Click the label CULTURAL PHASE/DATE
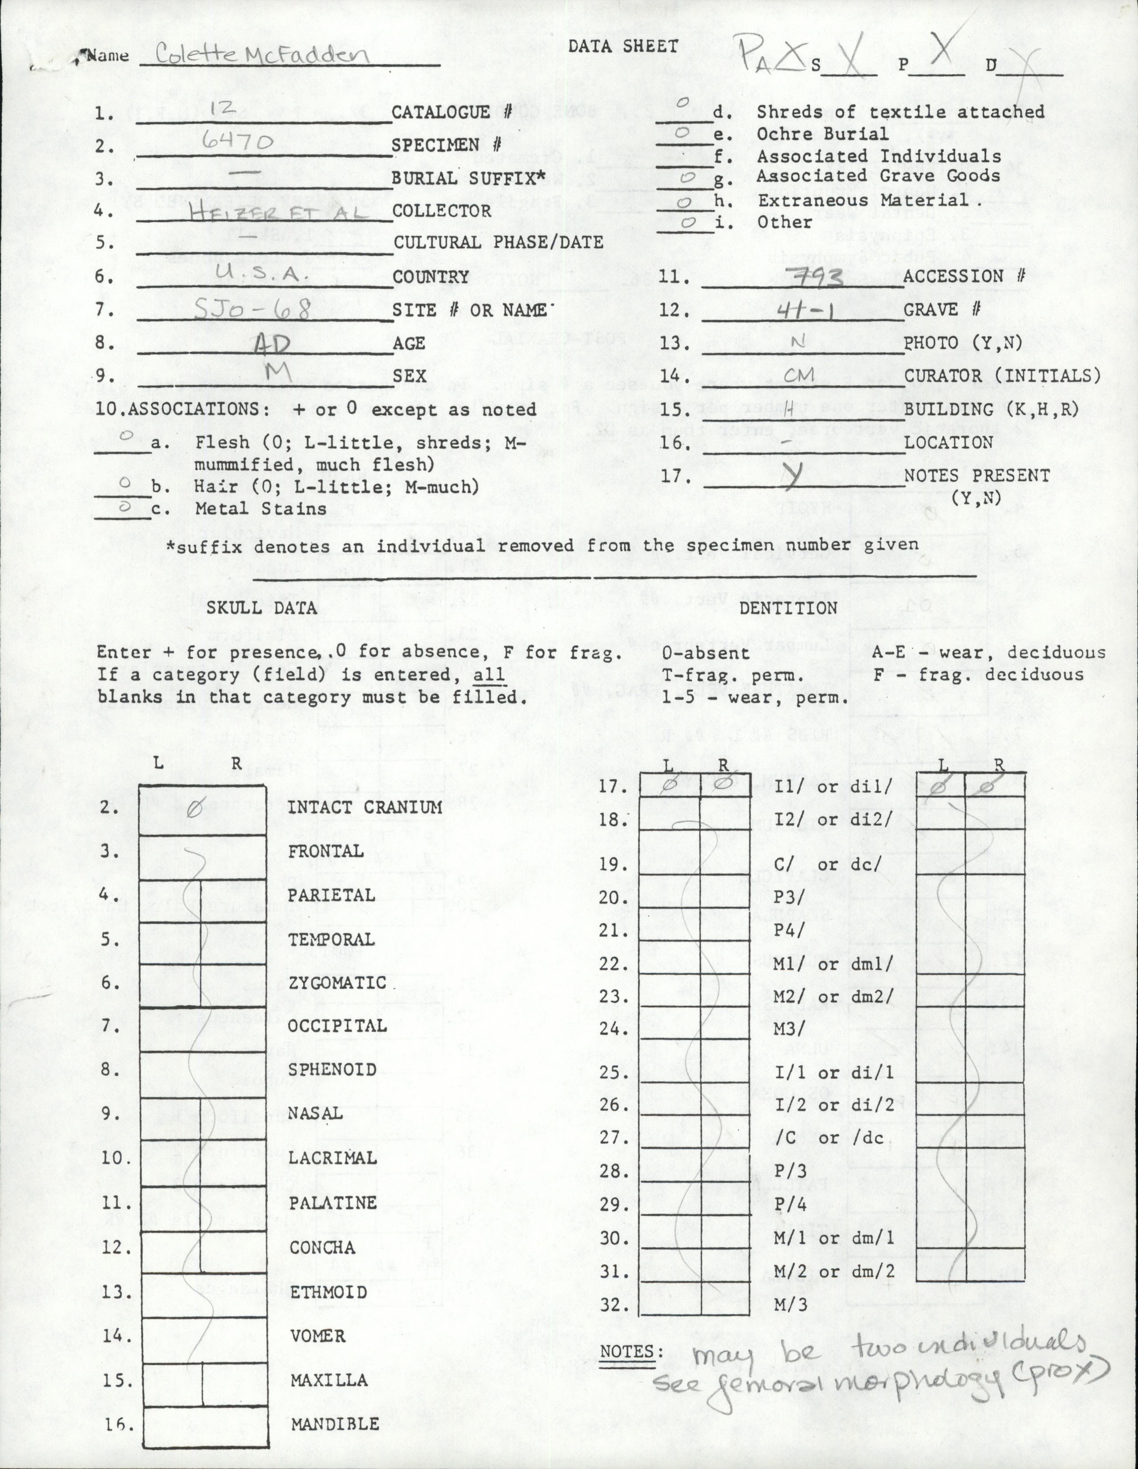[498, 243]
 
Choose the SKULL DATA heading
[262, 608]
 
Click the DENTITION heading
[788, 608]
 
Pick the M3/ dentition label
[791, 1029]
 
